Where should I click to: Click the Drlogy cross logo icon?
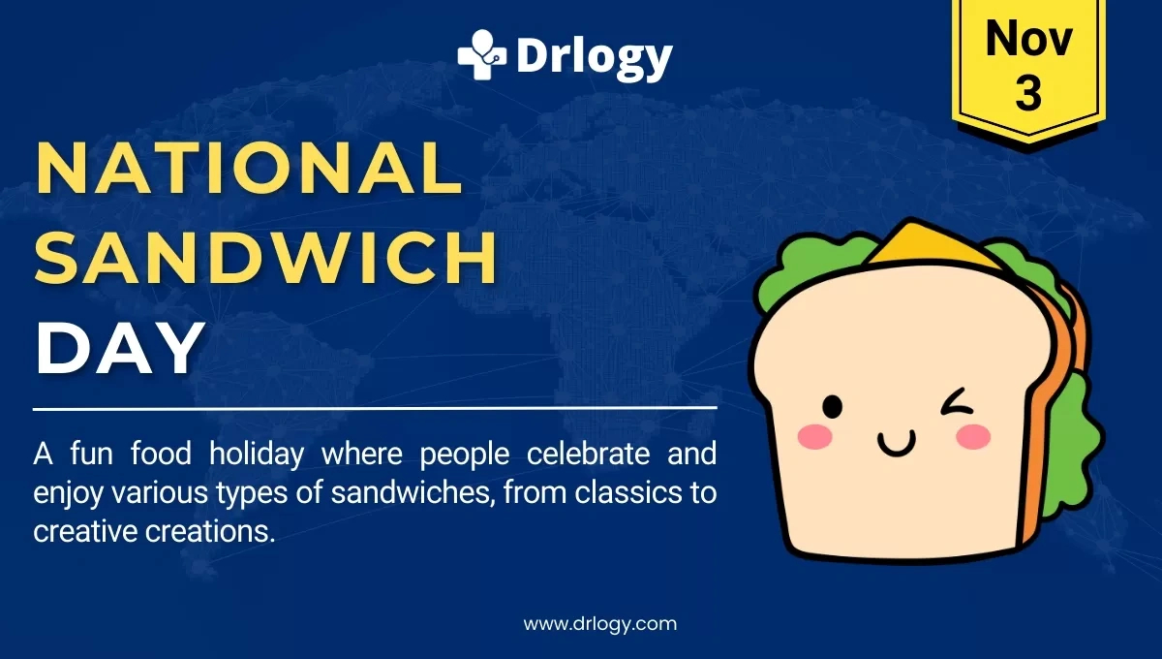tap(481, 54)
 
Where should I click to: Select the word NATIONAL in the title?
tap(249, 167)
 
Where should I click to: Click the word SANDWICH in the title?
tap(266, 257)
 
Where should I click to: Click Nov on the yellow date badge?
tap(1029, 41)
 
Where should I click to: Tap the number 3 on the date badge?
tap(1028, 94)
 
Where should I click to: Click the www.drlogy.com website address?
tap(600, 624)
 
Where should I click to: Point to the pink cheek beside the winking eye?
tap(973, 438)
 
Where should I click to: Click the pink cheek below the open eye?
tap(815, 437)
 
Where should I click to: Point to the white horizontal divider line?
tap(375, 408)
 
